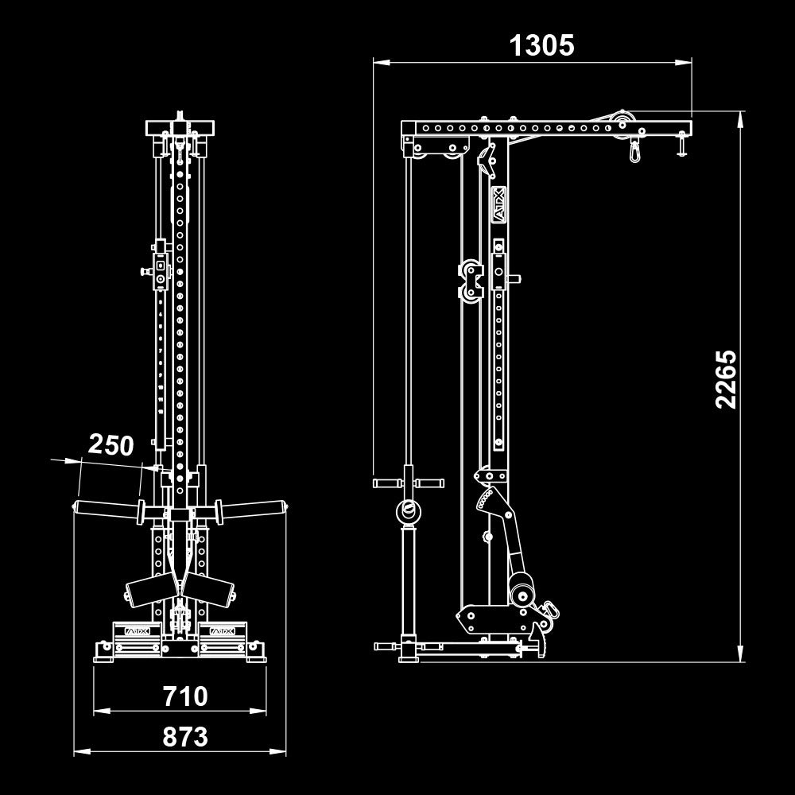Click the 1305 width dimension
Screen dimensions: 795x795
tap(541, 45)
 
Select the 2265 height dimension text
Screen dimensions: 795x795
tap(726, 378)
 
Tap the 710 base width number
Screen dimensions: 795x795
tap(185, 696)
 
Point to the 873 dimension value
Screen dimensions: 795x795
tap(185, 737)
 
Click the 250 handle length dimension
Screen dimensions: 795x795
tap(111, 444)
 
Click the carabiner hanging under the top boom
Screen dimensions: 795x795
tap(635, 149)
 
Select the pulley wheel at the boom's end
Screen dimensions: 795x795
tap(622, 122)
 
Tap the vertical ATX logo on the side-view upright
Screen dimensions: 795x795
tap(498, 204)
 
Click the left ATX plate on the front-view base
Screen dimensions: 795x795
tap(137, 630)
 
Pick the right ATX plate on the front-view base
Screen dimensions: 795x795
tap(222, 630)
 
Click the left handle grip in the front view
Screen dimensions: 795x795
tap(106, 509)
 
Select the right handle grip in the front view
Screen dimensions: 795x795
tap(253, 509)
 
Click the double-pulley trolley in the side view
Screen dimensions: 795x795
tap(471, 280)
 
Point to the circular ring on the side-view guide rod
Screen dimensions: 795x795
tap(409, 511)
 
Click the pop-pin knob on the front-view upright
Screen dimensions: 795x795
tap(146, 272)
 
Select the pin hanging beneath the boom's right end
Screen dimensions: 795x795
tap(681, 146)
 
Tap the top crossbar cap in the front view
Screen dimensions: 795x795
tap(180, 127)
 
